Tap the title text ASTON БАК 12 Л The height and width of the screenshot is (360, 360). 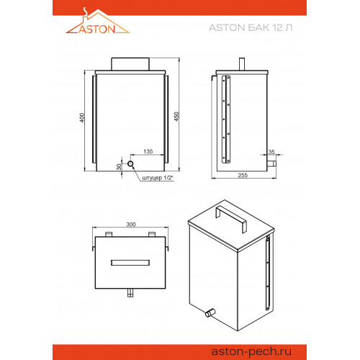[251, 27]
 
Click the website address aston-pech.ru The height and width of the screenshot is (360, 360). [251, 352]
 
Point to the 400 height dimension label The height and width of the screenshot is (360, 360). [82, 118]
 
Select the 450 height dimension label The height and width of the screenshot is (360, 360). [176, 117]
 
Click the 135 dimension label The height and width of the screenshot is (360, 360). [148, 151]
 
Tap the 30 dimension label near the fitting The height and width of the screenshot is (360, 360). [119, 167]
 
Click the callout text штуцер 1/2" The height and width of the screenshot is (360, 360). [158, 178]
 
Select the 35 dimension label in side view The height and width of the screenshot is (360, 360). [271, 152]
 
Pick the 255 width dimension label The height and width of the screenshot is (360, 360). [243, 175]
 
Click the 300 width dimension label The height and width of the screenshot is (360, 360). [131, 225]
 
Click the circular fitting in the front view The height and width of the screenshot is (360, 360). [130, 164]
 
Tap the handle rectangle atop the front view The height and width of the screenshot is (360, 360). [130, 64]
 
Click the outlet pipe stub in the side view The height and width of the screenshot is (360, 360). [271, 164]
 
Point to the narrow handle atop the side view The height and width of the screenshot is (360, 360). [242, 64]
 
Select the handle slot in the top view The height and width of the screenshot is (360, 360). [130, 263]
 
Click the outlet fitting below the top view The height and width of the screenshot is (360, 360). [130, 293]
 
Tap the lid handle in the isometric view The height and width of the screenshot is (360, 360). [231, 217]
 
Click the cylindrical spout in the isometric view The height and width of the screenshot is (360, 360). [210, 313]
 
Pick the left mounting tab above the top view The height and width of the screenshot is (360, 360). [109, 234]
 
